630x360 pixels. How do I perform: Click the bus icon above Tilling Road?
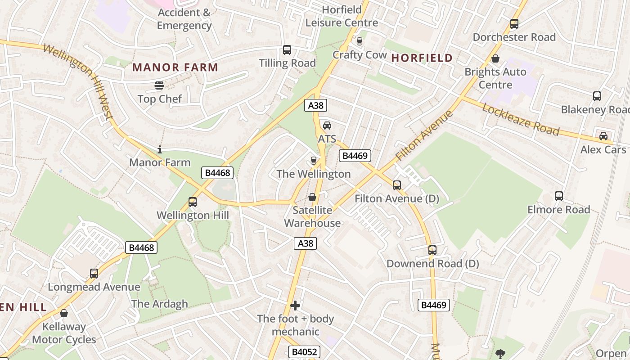(287, 50)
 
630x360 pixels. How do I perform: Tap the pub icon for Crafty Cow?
(359, 41)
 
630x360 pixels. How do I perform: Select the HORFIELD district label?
(422, 58)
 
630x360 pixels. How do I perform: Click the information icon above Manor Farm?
(159, 149)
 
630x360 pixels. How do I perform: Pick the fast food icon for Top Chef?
(159, 85)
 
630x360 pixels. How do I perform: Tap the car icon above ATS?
(327, 126)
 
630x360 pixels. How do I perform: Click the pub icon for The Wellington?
(314, 161)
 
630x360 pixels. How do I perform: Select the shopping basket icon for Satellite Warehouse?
(312, 197)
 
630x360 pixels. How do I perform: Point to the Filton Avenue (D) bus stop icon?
(396, 185)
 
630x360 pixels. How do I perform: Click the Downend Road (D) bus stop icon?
(432, 250)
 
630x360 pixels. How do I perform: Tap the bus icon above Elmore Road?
(558, 196)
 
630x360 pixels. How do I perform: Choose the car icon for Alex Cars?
(603, 136)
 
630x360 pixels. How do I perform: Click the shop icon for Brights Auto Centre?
(495, 58)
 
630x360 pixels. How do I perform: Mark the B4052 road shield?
(304, 352)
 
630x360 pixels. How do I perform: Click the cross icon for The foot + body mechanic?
(295, 306)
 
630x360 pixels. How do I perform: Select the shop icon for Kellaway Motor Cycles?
(64, 313)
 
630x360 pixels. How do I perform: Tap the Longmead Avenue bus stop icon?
(94, 274)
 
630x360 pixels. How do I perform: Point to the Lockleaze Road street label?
(521, 119)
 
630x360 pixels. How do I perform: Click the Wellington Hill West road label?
(79, 81)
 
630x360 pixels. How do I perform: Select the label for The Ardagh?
(160, 304)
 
